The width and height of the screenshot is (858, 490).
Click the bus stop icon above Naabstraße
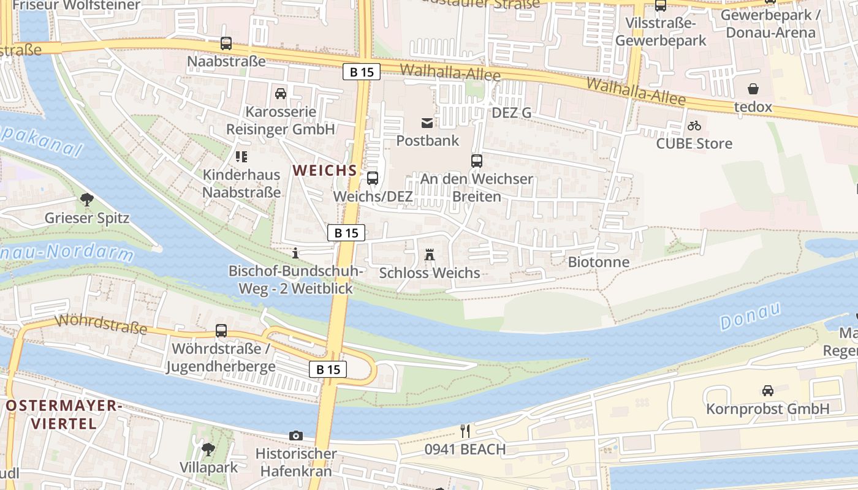tap(226, 43)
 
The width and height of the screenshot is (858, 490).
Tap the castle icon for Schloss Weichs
tap(430, 254)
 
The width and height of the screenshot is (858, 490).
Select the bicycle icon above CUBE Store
tap(694, 126)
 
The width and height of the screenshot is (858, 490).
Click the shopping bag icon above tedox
tap(753, 89)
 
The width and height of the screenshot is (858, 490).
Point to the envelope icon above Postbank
tap(427, 123)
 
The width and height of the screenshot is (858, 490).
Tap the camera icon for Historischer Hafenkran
tap(296, 435)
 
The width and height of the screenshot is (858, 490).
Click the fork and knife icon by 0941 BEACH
tap(465, 431)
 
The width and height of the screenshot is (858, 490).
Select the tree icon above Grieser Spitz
tap(87, 199)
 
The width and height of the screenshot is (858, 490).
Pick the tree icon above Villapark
tap(208, 449)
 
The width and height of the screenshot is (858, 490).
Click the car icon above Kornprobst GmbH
tap(767, 390)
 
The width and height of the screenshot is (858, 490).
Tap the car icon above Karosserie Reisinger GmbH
tap(281, 94)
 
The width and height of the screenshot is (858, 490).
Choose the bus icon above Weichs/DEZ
tap(372, 178)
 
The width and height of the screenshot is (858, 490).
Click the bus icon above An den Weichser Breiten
tap(476, 161)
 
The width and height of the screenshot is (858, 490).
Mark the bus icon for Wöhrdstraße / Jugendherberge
tap(221, 331)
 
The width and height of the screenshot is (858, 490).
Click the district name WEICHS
tap(324, 170)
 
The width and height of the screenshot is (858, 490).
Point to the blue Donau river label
tap(750, 315)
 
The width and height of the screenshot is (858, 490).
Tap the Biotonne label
tap(598, 262)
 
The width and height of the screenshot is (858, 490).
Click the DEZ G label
tap(511, 113)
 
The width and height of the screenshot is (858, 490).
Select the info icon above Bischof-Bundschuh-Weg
tap(295, 252)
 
